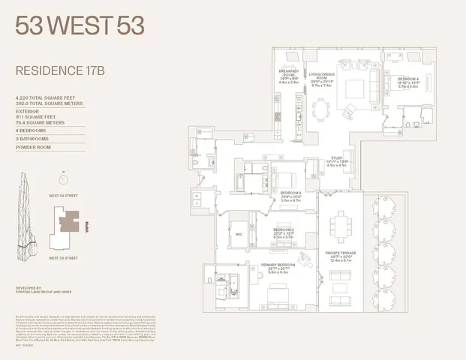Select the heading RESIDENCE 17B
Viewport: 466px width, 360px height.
(55, 73)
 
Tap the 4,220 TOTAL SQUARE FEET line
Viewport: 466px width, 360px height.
(44, 98)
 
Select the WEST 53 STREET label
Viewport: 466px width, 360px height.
(63, 257)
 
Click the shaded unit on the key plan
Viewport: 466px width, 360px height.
(68, 223)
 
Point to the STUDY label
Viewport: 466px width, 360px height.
(334, 160)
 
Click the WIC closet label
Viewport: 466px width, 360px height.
(239, 232)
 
